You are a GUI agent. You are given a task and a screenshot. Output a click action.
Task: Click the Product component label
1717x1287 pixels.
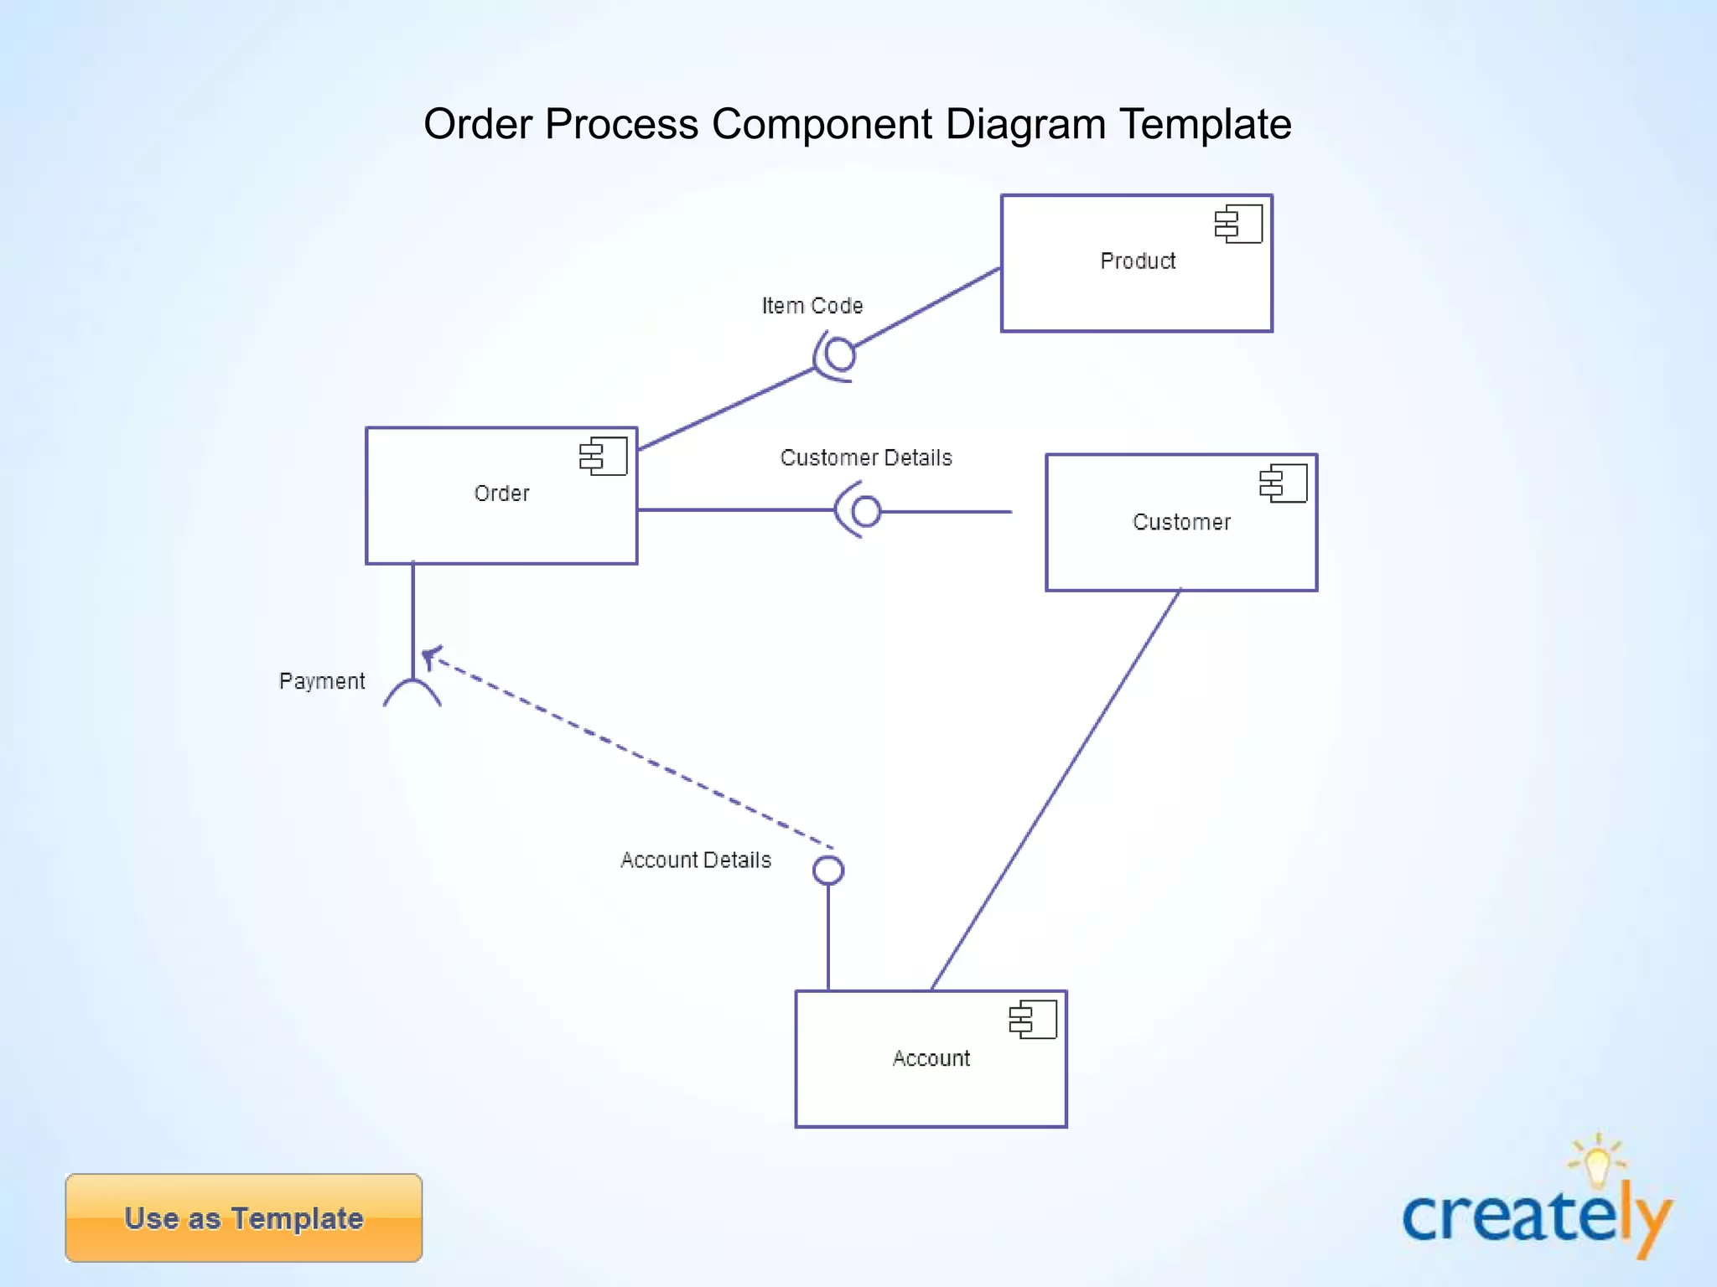[x=1138, y=261]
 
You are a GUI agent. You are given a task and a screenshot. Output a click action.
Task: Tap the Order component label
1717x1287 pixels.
[x=501, y=494]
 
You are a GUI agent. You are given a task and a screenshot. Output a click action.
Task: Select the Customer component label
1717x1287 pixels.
[x=1181, y=522]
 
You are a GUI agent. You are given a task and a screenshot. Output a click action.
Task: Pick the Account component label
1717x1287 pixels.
[x=931, y=1058]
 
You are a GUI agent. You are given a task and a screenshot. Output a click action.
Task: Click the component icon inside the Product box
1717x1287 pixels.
[x=1239, y=224]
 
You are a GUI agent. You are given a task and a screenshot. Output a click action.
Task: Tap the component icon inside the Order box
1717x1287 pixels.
[x=604, y=456]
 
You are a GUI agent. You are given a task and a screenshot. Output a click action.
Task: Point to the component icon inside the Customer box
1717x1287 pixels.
[x=1284, y=483]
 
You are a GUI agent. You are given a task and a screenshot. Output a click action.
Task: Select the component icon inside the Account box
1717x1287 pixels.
[x=1033, y=1020]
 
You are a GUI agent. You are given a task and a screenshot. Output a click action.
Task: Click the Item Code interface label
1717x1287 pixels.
[x=812, y=306]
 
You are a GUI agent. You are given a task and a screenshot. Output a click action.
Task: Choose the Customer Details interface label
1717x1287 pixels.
[x=866, y=457]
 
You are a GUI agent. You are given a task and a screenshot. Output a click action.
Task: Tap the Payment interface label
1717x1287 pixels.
[x=322, y=681]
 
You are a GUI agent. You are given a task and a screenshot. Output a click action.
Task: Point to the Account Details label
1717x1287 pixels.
[x=696, y=861]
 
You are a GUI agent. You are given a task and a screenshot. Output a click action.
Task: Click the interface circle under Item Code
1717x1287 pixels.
[x=840, y=355]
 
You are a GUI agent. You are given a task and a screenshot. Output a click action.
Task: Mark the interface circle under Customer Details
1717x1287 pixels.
[x=866, y=511]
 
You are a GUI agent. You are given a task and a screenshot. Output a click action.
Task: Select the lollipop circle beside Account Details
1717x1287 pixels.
[x=828, y=871]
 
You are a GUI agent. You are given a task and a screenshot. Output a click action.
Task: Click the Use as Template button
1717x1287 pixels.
[x=244, y=1217]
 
